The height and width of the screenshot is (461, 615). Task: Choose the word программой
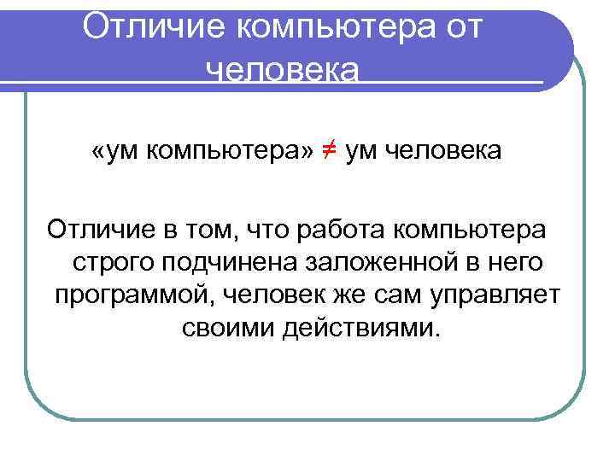coord(133,295)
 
